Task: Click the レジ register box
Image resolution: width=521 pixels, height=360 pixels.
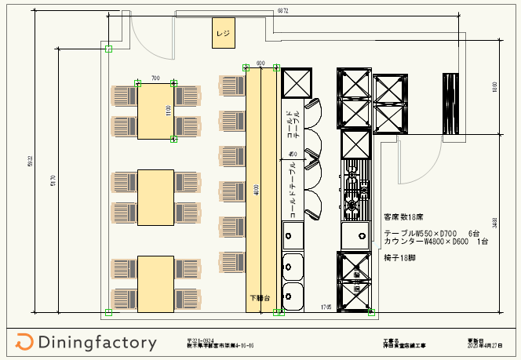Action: point(224,34)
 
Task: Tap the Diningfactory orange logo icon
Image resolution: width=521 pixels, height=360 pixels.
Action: point(24,342)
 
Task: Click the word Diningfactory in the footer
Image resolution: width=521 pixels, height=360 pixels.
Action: point(96,343)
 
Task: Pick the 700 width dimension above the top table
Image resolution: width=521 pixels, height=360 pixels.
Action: point(155,78)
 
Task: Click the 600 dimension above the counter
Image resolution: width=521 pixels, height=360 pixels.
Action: point(260,63)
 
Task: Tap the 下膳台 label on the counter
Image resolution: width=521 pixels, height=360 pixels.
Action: point(260,298)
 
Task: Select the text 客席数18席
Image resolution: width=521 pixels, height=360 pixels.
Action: point(405,215)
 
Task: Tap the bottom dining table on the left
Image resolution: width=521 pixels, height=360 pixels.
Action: point(155,282)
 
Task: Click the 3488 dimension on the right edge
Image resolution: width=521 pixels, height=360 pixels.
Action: point(494,223)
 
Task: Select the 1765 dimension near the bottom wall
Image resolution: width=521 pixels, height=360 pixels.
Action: point(325,306)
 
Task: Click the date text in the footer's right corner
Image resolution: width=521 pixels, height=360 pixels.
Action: point(478,344)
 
